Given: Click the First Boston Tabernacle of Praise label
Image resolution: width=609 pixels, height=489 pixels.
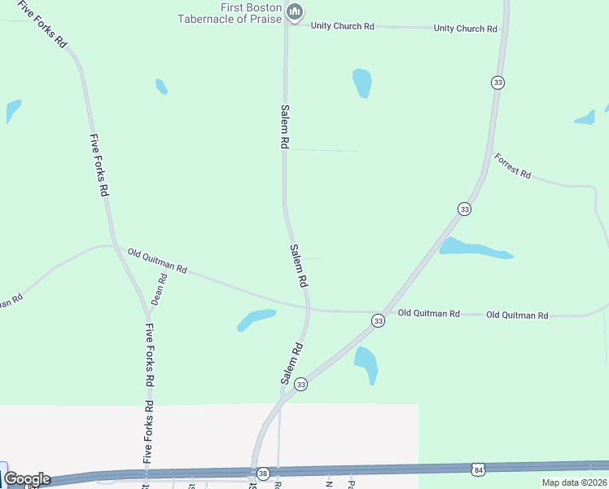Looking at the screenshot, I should pyautogui.click(x=230, y=13).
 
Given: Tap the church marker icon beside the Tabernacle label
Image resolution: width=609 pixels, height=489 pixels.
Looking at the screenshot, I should pyautogui.click(x=295, y=11).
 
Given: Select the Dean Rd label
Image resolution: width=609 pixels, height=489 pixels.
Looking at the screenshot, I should pyautogui.click(x=159, y=289).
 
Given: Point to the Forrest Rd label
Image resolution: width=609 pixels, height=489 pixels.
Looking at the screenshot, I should pyautogui.click(x=513, y=166).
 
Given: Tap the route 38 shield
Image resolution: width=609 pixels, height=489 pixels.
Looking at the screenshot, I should pyautogui.click(x=262, y=473).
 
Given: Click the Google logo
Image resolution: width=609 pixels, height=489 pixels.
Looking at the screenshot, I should pyautogui.click(x=27, y=479).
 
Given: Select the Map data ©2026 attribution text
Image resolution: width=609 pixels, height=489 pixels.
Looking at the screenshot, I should pyautogui.click(x=574, y=482).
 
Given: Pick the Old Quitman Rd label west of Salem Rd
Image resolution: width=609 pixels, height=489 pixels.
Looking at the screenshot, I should pyautogui.click(x=158, y=261).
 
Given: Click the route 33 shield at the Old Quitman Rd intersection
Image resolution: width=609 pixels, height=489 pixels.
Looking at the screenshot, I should pyautogui.click(x=378, y=322).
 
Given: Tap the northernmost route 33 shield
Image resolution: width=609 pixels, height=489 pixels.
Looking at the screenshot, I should pyautogui.click(x=497, y=82).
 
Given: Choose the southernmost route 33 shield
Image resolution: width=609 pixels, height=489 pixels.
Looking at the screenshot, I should pyautogui.click(x=301, y=384).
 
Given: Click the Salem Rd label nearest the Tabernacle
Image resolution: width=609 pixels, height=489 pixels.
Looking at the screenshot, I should pyautogui.click(x=285, y=126).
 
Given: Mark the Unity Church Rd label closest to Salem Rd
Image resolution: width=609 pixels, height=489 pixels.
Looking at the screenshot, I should pyautogui.click(x=342, y=26).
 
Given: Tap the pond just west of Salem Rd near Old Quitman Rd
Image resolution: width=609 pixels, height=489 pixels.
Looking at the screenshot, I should pyautogui.click(x=256, y=319).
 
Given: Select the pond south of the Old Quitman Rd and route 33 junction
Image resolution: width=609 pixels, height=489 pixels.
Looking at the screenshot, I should pyautogui.click(x=366, y=363).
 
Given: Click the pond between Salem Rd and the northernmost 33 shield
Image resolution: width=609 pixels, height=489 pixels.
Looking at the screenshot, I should pyautogui.click(x=362, y=83).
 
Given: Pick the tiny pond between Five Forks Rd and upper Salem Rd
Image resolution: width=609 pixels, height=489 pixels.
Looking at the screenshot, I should pyautogui.click(x=161, y=86).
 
